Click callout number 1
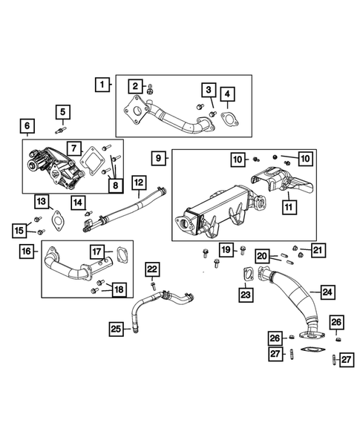coord(102,85)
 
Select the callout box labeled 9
coord(159,159)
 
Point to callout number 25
coord(115,328)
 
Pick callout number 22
coord(151,268)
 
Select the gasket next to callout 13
coord(56,218)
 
